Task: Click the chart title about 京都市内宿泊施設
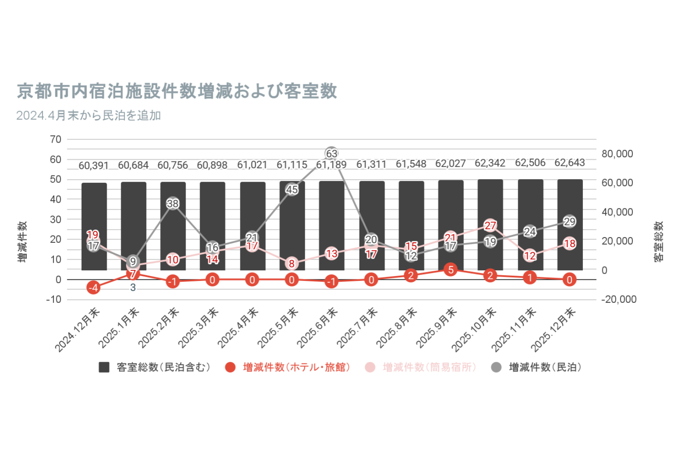coord(177,91)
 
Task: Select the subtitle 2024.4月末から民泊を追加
coord(89,116)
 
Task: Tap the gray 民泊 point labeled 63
coord(332,154)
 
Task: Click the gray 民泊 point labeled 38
coord(173,203)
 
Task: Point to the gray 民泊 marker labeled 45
coord(292,189)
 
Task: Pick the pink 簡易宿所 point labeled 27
coord(490,225)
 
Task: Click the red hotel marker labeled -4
coord(94,288)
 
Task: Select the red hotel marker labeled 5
coord(450,270)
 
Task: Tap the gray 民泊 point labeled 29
coord(570,221)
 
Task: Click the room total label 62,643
coord(570,163)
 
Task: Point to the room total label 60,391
coord(94,166)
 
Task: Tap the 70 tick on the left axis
coord(56,139)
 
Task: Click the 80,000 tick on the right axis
coord(617,154)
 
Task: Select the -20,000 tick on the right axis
coord(619,299)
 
